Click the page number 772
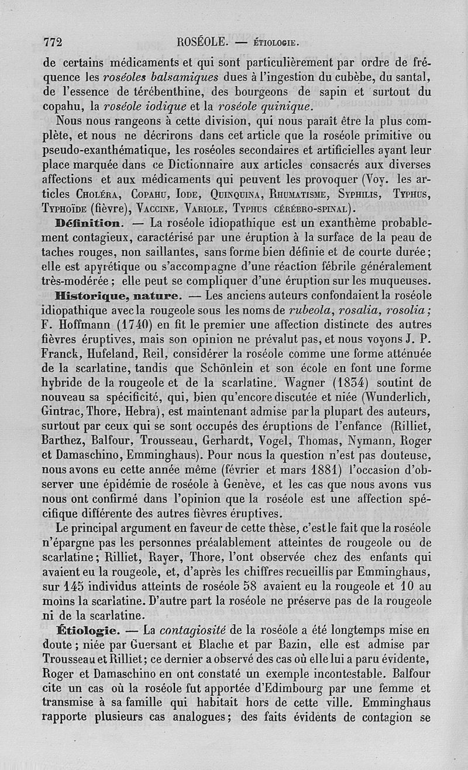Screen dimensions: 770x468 pos(53,41)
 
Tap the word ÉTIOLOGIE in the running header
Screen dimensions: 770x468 pos(277,42)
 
